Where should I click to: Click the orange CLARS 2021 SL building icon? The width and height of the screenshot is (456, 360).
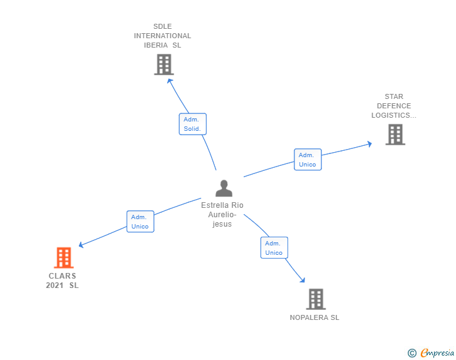[x=63, y=257]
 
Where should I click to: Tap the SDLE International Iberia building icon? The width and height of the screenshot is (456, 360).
[x=163, y=64]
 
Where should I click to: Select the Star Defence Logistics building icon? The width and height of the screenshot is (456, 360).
[x=395, y=134]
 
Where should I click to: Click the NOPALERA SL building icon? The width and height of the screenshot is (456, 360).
[x=316, y=299]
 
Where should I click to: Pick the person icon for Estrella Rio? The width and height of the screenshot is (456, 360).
[x=223, y=188]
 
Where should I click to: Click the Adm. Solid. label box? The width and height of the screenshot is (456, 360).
[x=192, y=124]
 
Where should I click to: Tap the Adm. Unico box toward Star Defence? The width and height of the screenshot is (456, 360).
[x=308, y=160]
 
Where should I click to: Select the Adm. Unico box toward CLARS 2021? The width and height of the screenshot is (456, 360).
[x=140, y=222]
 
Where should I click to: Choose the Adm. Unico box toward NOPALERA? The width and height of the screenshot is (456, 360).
[x=274, y=248]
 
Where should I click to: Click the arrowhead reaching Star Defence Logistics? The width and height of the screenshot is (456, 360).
[x=370, y=143]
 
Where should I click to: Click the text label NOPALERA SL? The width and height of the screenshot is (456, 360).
[x=314, y=317]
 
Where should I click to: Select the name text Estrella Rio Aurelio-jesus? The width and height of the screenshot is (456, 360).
[x=222, y=215]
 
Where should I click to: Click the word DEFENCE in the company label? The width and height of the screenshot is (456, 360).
[x=394, y=106]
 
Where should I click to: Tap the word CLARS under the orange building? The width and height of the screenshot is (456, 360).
[x=62, y=276]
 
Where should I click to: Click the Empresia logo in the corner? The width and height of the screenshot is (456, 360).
[x=437, y=353]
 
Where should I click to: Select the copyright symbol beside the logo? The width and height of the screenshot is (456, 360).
[x=412, y=353]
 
